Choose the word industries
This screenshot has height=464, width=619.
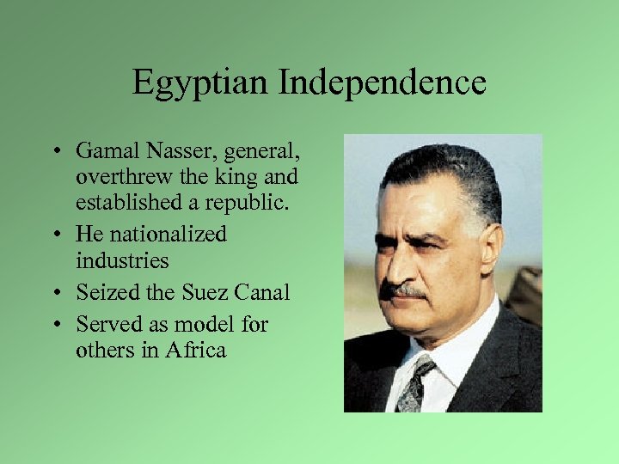(122, 259)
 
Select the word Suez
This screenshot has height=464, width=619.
(204, 292)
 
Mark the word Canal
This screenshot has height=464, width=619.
(262, 292)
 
